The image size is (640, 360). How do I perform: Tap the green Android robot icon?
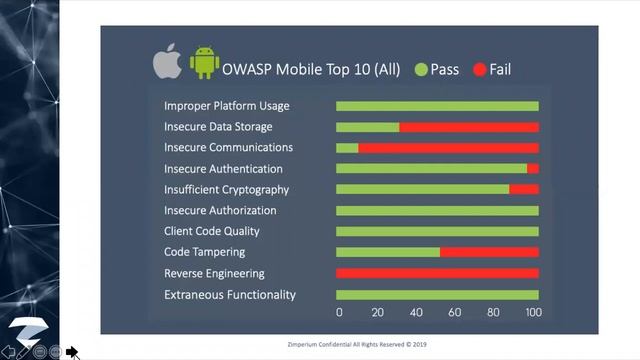point(205,64)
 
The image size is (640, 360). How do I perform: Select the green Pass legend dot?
point(421,69)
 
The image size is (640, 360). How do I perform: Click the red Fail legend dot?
point(479,69)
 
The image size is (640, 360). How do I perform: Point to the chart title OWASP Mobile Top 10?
point(312,69)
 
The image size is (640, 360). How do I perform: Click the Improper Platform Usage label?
point(227,106)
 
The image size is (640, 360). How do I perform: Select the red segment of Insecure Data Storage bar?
point(469,127)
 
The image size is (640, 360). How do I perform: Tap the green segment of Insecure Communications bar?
point(347,148)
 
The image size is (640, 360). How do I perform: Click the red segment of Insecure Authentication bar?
point(533,169)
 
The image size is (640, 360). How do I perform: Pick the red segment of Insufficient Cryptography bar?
point(524,190)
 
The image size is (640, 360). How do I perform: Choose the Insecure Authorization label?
point(220,211)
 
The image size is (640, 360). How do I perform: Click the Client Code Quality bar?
point(437,232)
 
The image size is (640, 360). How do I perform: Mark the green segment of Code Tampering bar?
point(388,253)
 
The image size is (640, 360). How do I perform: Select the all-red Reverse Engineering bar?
point(437,274)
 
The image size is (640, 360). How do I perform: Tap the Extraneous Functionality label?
point(230,295)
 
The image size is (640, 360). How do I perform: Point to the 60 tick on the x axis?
point(456,313)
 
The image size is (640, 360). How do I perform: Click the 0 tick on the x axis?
point(339,313)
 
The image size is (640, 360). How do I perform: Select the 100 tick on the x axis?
point(534,313)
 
